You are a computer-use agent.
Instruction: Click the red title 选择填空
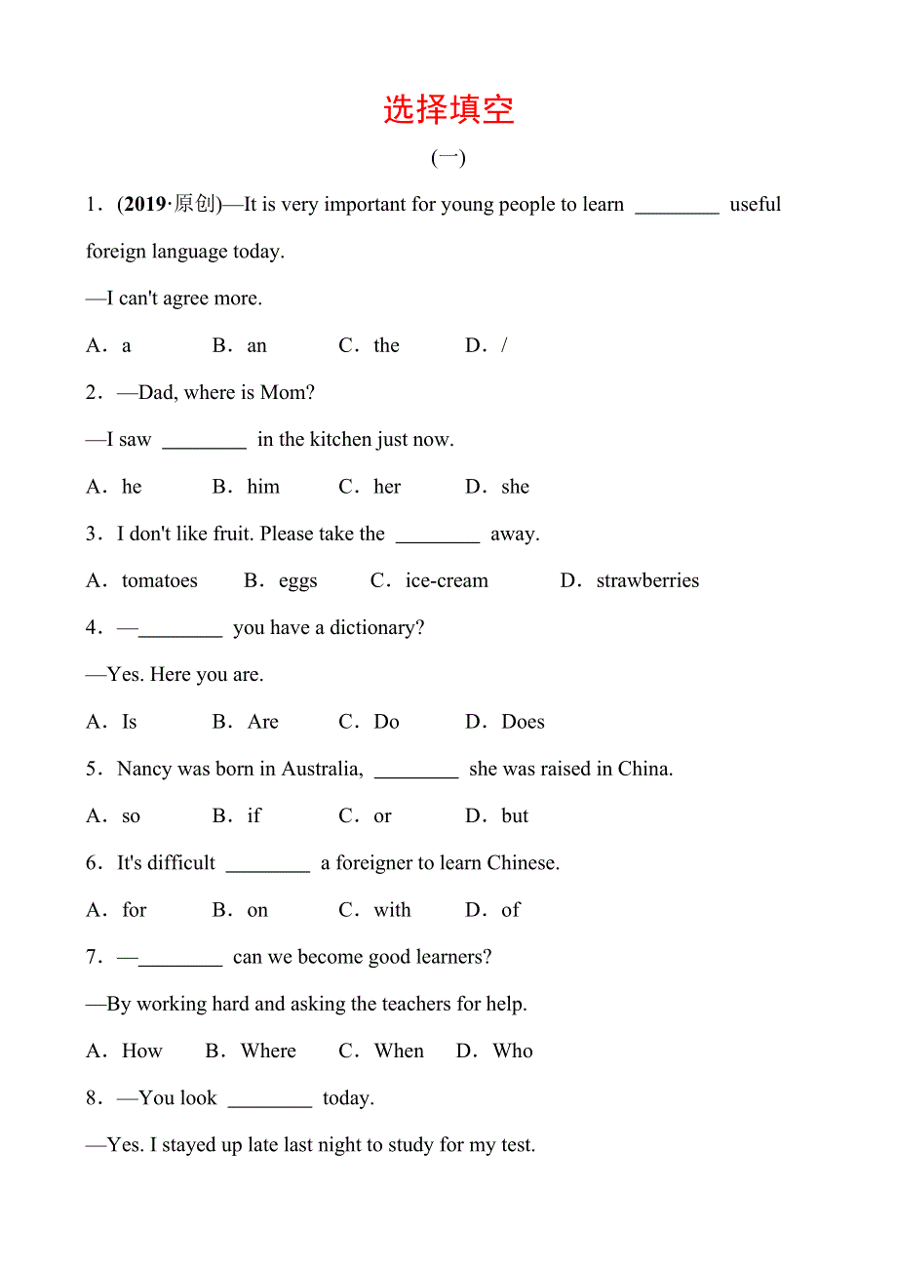448,109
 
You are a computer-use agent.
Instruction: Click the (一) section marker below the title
448,158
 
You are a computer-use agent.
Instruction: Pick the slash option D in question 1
503,346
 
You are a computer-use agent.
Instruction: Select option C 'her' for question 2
387,487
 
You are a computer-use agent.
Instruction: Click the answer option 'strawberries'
647,581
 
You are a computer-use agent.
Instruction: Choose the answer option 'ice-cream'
447,581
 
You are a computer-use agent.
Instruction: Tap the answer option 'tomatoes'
159,581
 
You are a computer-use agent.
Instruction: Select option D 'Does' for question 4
523,723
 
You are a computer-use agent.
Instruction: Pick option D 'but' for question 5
515,816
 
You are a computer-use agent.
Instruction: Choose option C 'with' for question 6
392,911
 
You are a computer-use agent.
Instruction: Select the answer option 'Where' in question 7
268,1052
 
